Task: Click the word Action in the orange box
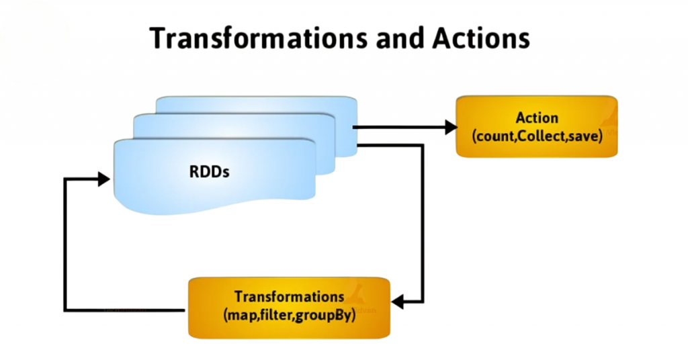(x=536, y=118)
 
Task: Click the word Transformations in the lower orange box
(x=289, y=296)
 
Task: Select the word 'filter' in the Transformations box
(x=277, y=313)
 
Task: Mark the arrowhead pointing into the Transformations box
(x=398, y=302)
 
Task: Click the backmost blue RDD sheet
(x=255, y=105)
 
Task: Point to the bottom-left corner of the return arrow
(x=67, y=310)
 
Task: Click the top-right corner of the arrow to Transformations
(x=422, y=145)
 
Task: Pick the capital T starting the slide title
(x=159, y=38)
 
